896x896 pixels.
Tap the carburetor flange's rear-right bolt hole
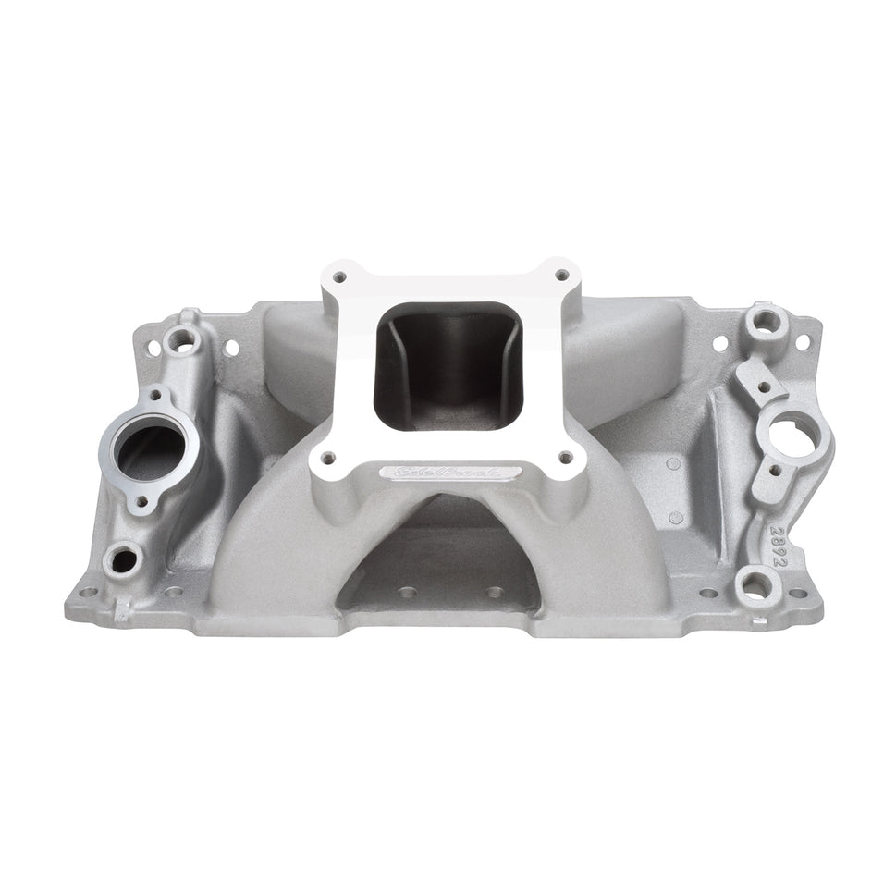pyautogui.click(x=561, y=276)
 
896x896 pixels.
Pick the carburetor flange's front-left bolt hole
pyautogui.click(x=325, y=454)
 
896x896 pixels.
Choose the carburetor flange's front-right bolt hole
pyautogui.click(x=564, y=456)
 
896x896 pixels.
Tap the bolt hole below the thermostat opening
pyautogui.click(x=142, y=505)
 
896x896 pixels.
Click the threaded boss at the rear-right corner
pyautogui.click(x=766, y=321)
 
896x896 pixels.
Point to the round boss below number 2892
pyautogui.click(x=755, y=584)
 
